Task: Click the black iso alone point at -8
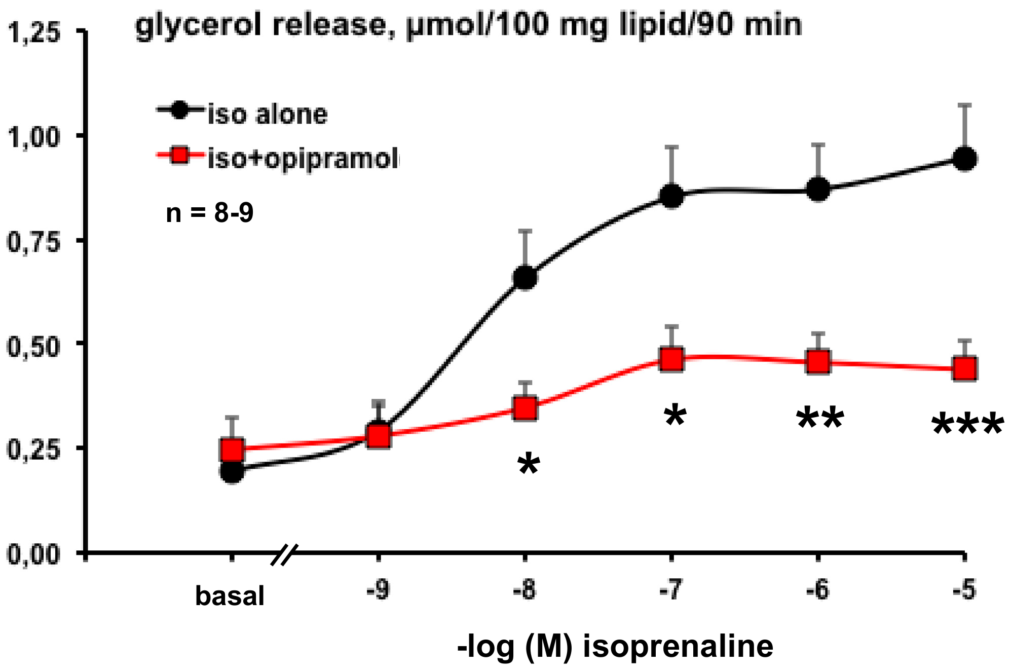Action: click(x=525, y=277)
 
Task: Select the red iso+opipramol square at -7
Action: click(x=671, y=359)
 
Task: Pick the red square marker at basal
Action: click(x=232, y=449)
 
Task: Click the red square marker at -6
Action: click(x=818, y=361)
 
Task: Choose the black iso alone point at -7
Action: click(x=671, y=196)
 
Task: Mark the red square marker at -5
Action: click(x=965, y=368)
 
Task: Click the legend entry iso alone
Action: click(x=268, y=114)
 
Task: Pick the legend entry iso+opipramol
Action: click(x=303, y=159)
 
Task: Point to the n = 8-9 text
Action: click(x=210, y=213)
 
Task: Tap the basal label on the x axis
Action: click(x=230, y=596)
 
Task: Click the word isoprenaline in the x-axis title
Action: click(x=678, y=647)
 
